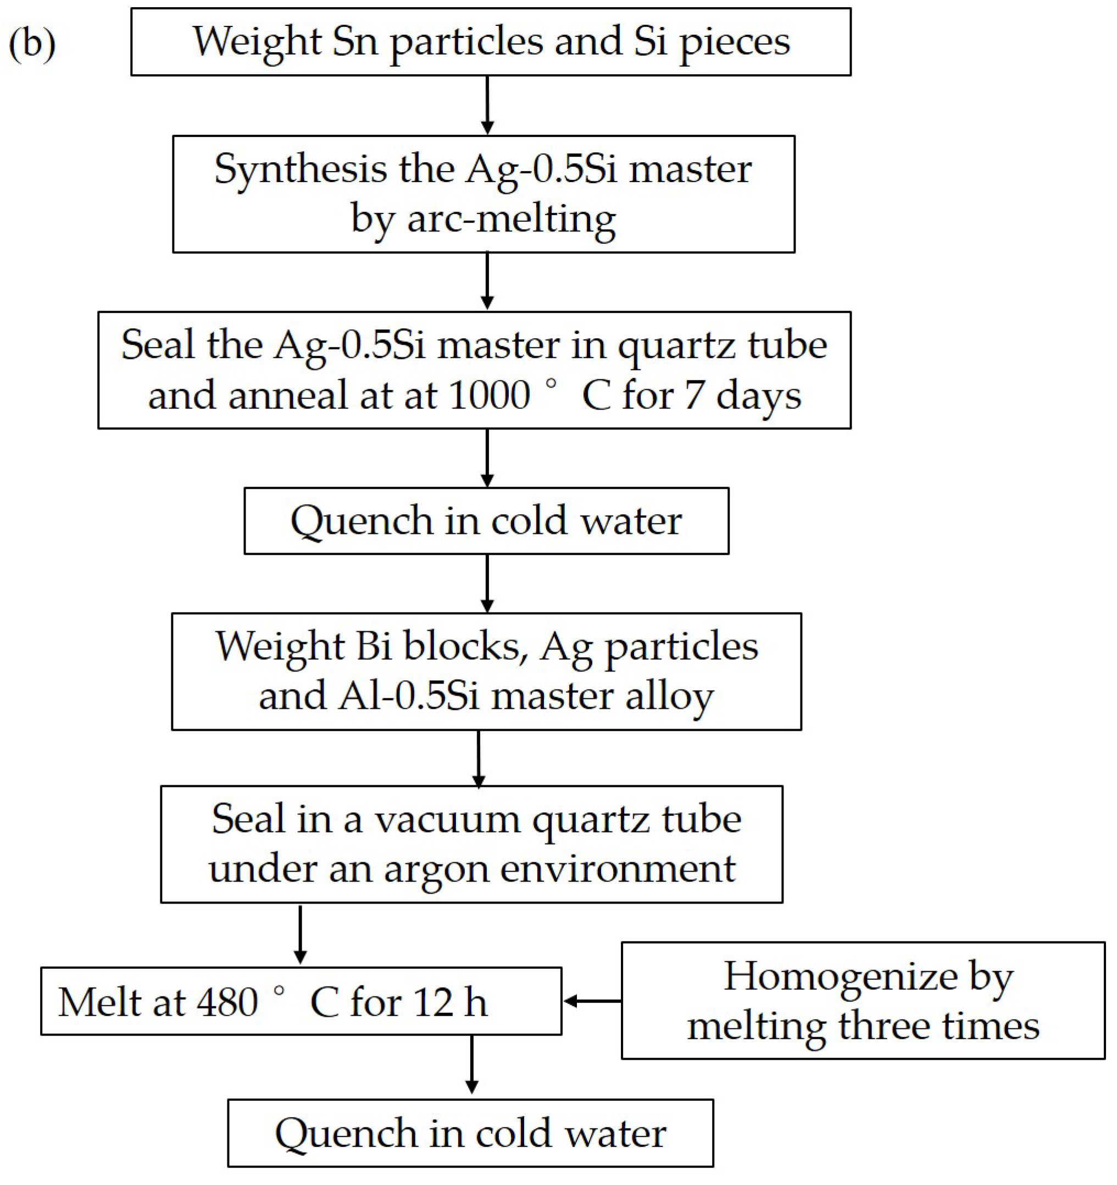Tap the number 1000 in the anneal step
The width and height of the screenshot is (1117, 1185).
(x=489, y=395)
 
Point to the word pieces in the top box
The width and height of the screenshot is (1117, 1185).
(x=734, y=43)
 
